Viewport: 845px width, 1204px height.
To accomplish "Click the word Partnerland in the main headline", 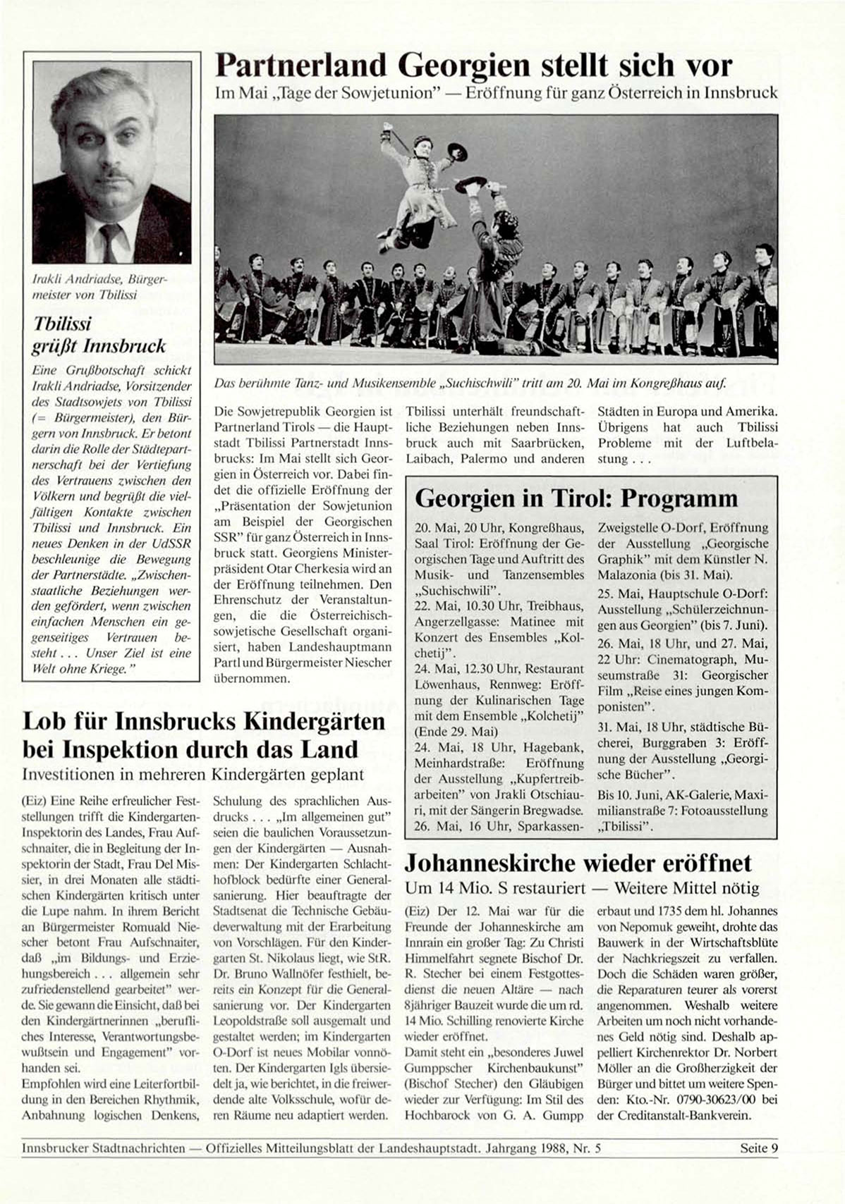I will (x=302, y=66).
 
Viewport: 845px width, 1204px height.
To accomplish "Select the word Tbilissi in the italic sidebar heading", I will (x=62, y=324).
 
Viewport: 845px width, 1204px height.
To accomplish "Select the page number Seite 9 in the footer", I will (x=759, y=1148).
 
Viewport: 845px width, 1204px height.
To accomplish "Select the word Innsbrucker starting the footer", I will (x=55, y=1148).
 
